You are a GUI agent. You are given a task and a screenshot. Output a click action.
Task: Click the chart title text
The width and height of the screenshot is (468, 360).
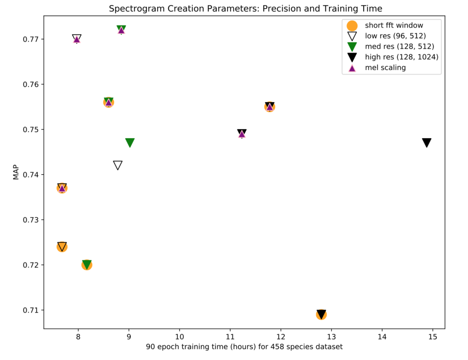pos(245,9)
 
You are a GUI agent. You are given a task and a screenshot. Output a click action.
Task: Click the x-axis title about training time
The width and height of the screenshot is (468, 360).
pos(244,347)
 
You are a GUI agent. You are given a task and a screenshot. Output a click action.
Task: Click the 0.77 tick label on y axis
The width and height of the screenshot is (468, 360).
pos(30,39)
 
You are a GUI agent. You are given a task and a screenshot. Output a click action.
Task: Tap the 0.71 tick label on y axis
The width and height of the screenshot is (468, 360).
pos(30,310)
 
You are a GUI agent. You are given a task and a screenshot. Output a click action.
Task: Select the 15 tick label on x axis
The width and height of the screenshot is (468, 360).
pos(432,338)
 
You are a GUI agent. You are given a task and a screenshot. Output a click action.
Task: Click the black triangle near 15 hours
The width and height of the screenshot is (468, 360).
pos(427,143)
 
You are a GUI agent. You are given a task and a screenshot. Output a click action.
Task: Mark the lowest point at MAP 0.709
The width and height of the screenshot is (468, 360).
pos(321,314)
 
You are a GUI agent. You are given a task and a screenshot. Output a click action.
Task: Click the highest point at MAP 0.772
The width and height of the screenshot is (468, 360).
pos(121,30)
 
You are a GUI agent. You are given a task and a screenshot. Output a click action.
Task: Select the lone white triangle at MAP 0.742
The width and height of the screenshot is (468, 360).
pos(118,165)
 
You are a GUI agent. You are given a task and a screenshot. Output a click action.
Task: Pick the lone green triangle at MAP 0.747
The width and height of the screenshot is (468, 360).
pos(130,143)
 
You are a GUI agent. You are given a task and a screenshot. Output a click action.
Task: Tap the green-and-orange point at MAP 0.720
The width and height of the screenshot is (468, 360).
pos(87,264)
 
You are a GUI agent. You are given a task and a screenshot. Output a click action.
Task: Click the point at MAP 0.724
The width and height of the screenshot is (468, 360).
pos(62,247)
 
